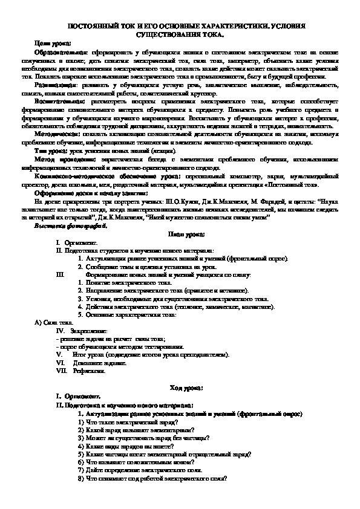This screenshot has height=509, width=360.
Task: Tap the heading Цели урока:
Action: (x=53, y=43)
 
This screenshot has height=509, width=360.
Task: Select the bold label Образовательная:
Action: (x=61, y=53)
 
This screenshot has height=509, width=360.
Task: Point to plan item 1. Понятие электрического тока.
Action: (x=121, y=282)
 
